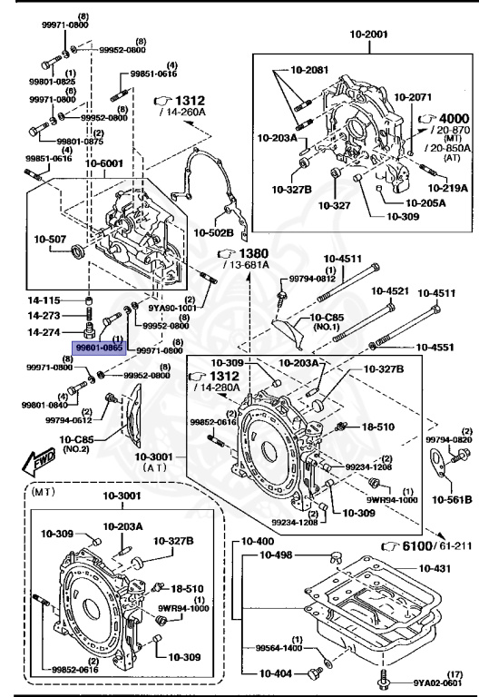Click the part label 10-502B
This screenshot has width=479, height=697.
(x=214, y=233)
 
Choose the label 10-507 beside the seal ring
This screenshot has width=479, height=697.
(x=51, y=240)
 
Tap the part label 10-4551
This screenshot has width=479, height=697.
(x=440, y=347)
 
